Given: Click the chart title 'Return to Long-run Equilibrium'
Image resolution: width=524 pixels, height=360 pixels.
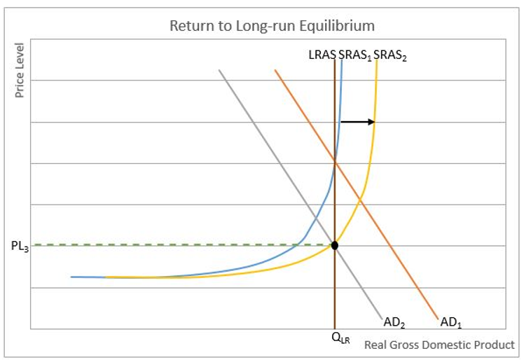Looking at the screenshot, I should coord(272,26).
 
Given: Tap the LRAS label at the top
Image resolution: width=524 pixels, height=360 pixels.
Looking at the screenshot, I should coord(322,55).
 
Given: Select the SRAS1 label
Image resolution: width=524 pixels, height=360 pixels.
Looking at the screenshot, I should coord(354,55).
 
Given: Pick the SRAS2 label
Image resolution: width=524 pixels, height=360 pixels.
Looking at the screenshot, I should coord(389,55).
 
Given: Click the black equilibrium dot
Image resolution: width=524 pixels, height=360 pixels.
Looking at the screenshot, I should coord(335,245).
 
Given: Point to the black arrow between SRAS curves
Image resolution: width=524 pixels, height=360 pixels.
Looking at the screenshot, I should coord(358,122).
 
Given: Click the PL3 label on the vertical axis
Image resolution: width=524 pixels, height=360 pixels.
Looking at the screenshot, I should coord(20,246).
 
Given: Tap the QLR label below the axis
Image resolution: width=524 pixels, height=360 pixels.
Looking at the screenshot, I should coord(340,339).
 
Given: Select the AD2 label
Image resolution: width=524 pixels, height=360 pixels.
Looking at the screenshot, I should coord(395,323).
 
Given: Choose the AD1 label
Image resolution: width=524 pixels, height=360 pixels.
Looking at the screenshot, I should coord(451,323).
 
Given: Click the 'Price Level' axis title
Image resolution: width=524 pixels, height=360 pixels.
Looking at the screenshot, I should coord(20,70).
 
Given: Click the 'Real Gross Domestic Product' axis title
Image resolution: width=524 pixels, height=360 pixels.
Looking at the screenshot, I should coord(439,345).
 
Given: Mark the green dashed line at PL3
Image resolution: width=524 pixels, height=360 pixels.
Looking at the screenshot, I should coord(175,244).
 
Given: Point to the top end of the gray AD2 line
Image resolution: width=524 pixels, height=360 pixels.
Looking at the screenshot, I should coord(219,70).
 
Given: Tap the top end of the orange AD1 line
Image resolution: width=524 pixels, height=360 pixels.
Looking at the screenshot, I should coord(275,70).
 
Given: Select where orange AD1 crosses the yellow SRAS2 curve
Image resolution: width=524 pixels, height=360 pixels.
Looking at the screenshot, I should coord(360,200).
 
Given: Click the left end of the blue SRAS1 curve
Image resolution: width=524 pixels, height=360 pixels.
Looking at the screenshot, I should coord(72,277).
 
